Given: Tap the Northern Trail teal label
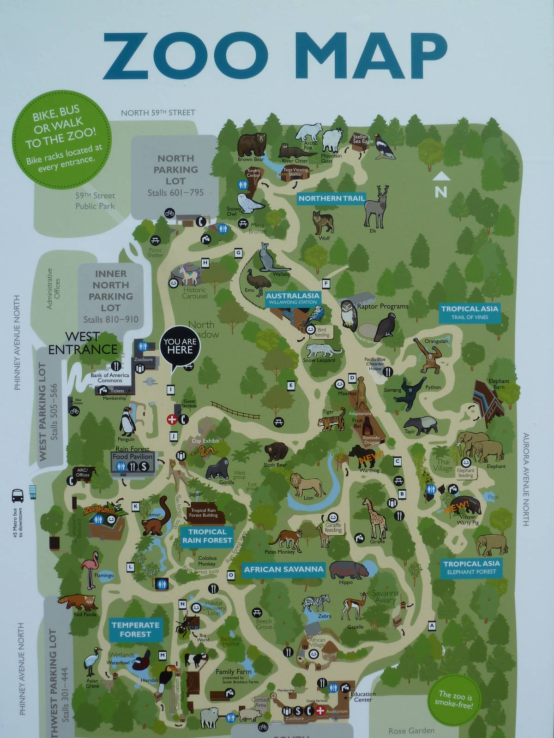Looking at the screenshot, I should pos(331,198).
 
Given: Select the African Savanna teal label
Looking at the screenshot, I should pos(283,569).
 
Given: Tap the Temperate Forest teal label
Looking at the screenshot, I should pos(135,630).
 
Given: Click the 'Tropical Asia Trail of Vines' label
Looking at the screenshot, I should pos(469,312).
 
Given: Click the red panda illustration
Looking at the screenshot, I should pos(78,602).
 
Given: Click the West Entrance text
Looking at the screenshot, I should pos(83,343).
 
